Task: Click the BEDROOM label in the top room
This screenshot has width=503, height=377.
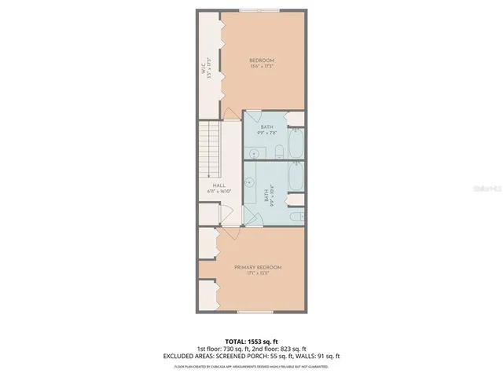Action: click(x=263, y=61)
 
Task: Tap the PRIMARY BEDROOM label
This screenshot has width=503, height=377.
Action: click(x=257, y=268)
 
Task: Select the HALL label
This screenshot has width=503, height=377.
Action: click(x=208, y=185)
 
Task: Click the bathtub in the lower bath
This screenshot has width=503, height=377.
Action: click(x=296, y=177)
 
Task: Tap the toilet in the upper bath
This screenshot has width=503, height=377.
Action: click(x=279, y=152)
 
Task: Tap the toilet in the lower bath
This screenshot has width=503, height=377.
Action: click(x=293, y=215)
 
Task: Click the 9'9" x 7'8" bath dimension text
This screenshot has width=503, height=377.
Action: click(x=267, y=132)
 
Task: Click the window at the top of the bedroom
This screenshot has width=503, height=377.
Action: click(x=263, y=11)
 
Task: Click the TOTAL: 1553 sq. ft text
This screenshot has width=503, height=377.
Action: click(x=251, y=342)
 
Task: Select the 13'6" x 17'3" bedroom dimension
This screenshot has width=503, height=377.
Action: click(x=263, y=68)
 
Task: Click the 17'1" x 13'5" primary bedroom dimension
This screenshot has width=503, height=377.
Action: click(x=257, y=274)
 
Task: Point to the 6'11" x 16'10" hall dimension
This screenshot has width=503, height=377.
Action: click(x=208, y=192)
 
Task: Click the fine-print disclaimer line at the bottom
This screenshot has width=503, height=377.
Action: click(x=251, y=366)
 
